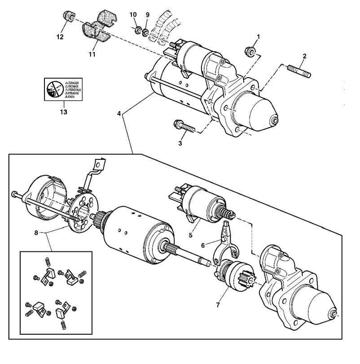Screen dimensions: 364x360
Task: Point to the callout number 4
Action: point(119,113)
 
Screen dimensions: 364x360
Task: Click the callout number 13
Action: point(63,111)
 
